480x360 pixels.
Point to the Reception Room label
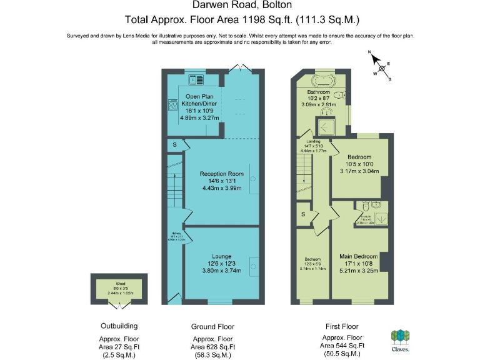pos(222,174)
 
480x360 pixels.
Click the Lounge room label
pos(221,256)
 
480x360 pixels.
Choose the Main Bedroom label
pos(358,256)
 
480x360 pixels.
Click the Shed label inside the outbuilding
pos(119,287)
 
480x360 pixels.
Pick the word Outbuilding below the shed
pos(119,326)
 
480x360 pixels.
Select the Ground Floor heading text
pos(213,327)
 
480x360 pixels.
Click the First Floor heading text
pos(342,326)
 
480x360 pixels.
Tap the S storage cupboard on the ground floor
pos(175,146)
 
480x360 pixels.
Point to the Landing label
pos(313,142)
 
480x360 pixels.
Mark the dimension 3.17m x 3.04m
pos(359,171)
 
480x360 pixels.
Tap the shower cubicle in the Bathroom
pos(326,127)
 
